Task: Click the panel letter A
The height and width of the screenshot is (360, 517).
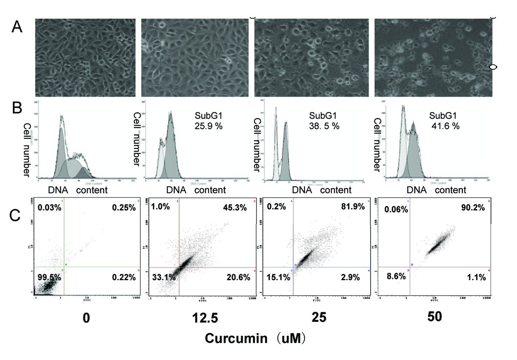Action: [x=17, y=27]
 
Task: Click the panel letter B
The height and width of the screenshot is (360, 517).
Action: [x=17, y=108]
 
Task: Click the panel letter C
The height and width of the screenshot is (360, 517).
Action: [x=15, y=215]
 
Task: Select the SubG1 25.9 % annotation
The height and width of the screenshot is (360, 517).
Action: [x=208, y=121]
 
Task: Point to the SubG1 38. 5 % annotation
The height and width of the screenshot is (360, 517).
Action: [x=324, y=121]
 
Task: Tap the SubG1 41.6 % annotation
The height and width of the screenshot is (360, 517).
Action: [x=444, y=121]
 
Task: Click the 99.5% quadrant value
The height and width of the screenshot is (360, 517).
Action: [x=49, y=277]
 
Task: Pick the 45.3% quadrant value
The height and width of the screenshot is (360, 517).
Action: [x=235, y=207]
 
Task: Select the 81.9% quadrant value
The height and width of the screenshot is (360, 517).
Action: [x=353, y=206]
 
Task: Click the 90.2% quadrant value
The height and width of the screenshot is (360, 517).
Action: [x=473, y=208]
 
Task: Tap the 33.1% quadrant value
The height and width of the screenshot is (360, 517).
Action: [x=164, y=277]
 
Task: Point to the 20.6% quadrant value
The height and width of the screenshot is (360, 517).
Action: [x=238, y=277]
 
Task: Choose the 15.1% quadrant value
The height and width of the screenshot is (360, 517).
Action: [x=278, y=277]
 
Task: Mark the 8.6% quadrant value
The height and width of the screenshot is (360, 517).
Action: [x=396, y=276]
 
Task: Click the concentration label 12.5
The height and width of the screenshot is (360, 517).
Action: [x=205, y=318]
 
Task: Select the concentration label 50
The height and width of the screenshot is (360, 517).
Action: [x=435, y=317]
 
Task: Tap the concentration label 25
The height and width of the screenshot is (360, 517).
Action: [x=319, y=317]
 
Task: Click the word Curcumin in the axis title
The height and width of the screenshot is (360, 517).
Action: [x=236, y=338]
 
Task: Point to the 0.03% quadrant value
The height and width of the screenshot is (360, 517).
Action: [x=49, y=208]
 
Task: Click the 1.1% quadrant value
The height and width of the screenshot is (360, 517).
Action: [x=476, y=277]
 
